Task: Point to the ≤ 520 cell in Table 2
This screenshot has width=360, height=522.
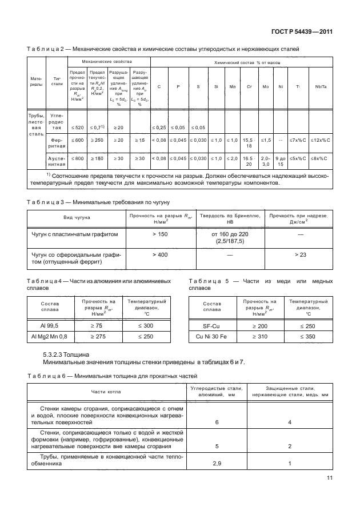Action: (77, 126)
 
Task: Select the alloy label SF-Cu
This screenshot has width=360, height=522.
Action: (212, 325)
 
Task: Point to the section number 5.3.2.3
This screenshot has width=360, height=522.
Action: (57, 355)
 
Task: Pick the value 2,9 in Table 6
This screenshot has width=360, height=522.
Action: (217, 464)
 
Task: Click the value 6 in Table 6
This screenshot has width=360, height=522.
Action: (217, 421)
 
